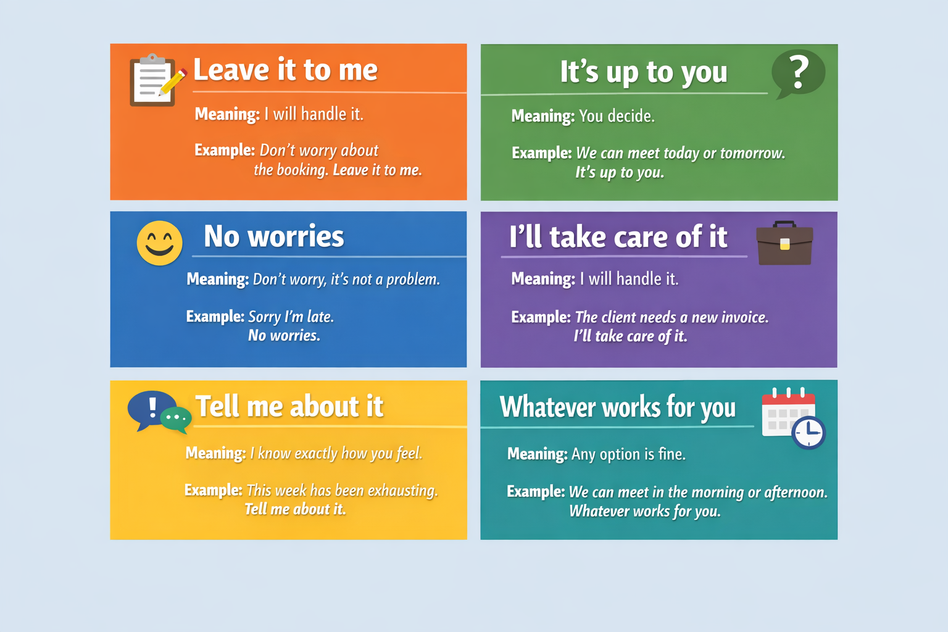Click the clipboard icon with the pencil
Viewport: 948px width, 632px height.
157,80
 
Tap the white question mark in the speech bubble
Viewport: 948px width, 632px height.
798,73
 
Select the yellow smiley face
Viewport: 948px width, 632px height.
160,243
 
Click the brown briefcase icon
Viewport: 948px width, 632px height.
784,243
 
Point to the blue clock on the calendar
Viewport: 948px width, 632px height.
809,433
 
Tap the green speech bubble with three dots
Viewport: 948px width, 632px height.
176,420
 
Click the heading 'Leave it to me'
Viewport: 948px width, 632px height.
285,69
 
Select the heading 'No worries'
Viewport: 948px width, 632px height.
274,236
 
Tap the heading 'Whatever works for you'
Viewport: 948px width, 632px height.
617,407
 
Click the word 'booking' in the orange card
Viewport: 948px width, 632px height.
302,170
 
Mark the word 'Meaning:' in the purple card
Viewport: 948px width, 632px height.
543,279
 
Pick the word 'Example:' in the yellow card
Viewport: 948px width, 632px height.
214,490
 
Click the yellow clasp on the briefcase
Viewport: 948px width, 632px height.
784,244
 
